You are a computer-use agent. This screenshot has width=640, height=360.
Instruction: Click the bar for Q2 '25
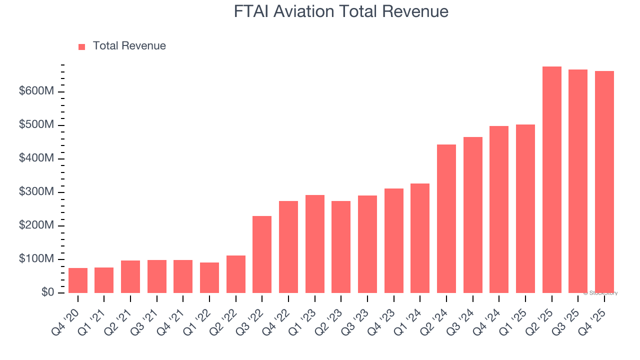pos(551,179)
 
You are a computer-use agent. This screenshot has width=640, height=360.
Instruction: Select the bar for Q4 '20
pos(78,280)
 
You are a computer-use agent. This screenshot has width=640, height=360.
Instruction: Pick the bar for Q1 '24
pos(420,238)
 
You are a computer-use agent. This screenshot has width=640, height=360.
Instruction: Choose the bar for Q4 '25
pos(604,182)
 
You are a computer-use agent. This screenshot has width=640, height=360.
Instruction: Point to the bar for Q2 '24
pos(446,218)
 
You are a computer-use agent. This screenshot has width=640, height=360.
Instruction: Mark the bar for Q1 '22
pos(209,277)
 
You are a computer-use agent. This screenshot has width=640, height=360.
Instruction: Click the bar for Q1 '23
pos(315,244)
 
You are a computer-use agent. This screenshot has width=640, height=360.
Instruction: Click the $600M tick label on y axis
pos(36,92)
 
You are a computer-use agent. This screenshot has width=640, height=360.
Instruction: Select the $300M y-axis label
pos(36,192)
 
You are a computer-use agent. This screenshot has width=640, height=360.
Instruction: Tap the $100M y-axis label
pos(36,259)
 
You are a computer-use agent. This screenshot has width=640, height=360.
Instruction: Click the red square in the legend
pos(82,46)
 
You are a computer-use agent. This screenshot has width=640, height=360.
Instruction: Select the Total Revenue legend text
pos(129,46)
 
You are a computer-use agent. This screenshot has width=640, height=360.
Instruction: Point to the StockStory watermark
pos(600,293)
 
